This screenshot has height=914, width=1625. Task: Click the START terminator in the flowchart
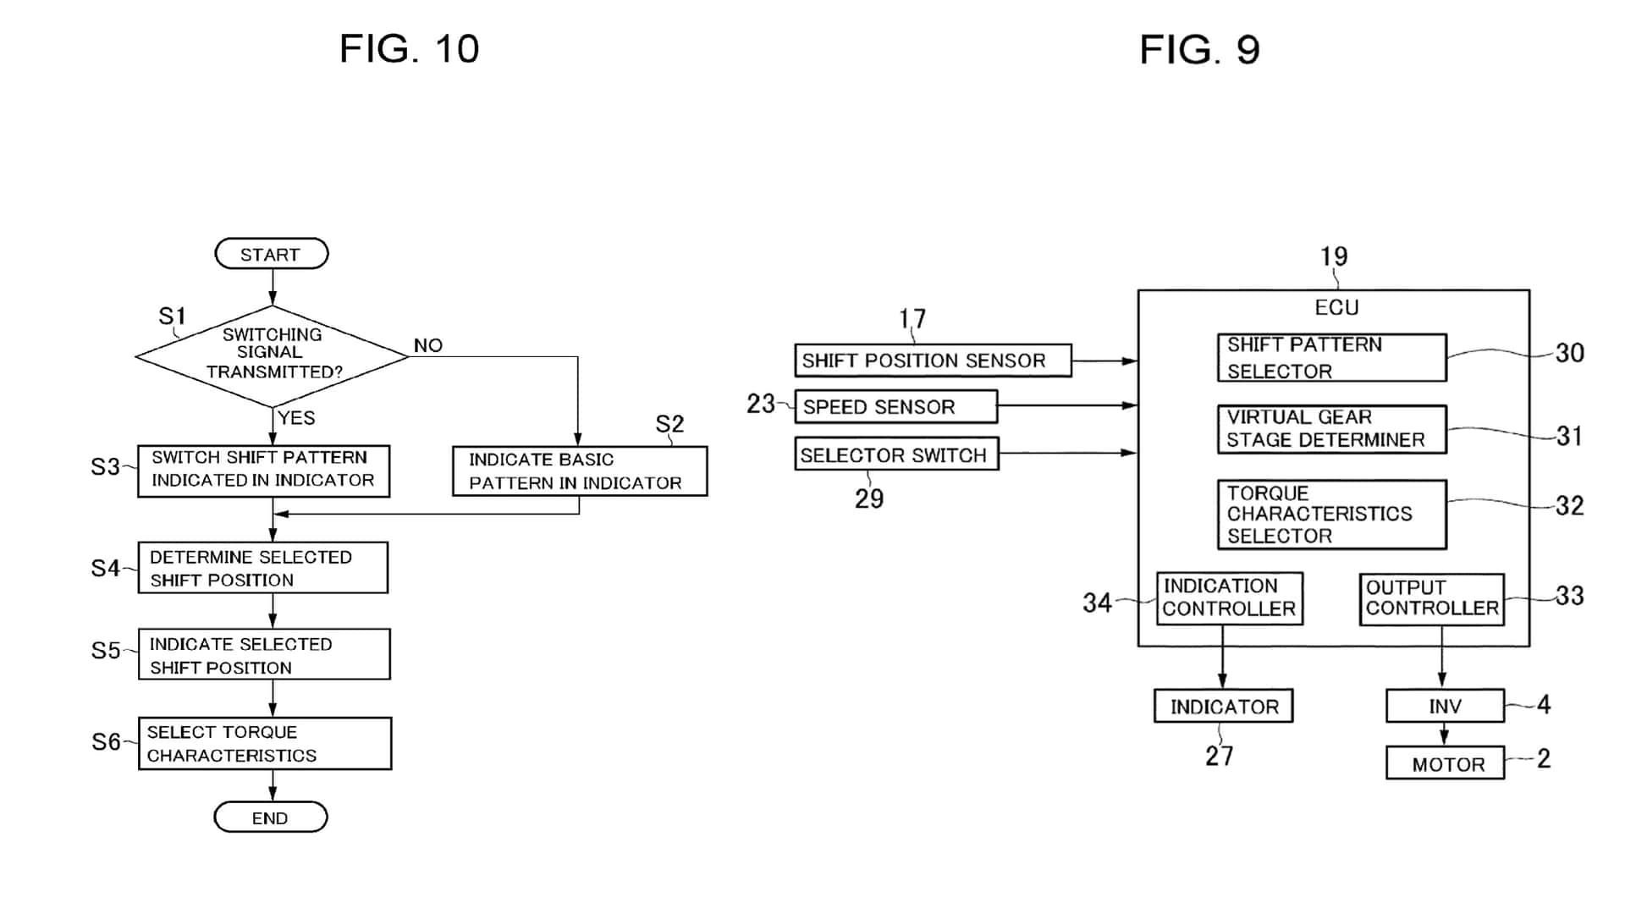pos(271,254)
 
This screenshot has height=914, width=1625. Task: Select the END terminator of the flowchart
pos(270,818)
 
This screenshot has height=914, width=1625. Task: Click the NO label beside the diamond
pos(428,345)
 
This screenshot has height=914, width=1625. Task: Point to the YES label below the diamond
pos(296,418)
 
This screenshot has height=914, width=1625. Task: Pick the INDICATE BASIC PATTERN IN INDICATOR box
pos(579,471)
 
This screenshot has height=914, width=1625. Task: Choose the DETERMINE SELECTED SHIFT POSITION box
pos(263,568)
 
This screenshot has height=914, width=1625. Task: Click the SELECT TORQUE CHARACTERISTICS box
pos(265,744)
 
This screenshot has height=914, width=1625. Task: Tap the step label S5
pos(106,651)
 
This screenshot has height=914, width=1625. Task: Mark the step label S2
pos(669,424)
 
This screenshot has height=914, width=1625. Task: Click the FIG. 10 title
pos(410,49)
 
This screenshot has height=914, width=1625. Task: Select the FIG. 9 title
pos(1199,50)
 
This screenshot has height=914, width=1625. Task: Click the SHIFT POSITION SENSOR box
pos(933,361)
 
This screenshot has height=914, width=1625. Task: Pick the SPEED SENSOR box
pos(895,407)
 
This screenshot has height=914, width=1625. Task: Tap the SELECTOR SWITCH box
pos(896,454)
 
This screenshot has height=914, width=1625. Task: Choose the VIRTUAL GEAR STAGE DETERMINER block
pos(1331,429)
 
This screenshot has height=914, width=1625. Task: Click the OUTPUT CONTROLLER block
pos(1431,599)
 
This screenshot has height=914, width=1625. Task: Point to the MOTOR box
pos(1445,763)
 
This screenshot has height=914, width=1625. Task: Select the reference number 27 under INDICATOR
pos(1220,756)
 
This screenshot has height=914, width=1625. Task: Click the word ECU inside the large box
pos(1336,307)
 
